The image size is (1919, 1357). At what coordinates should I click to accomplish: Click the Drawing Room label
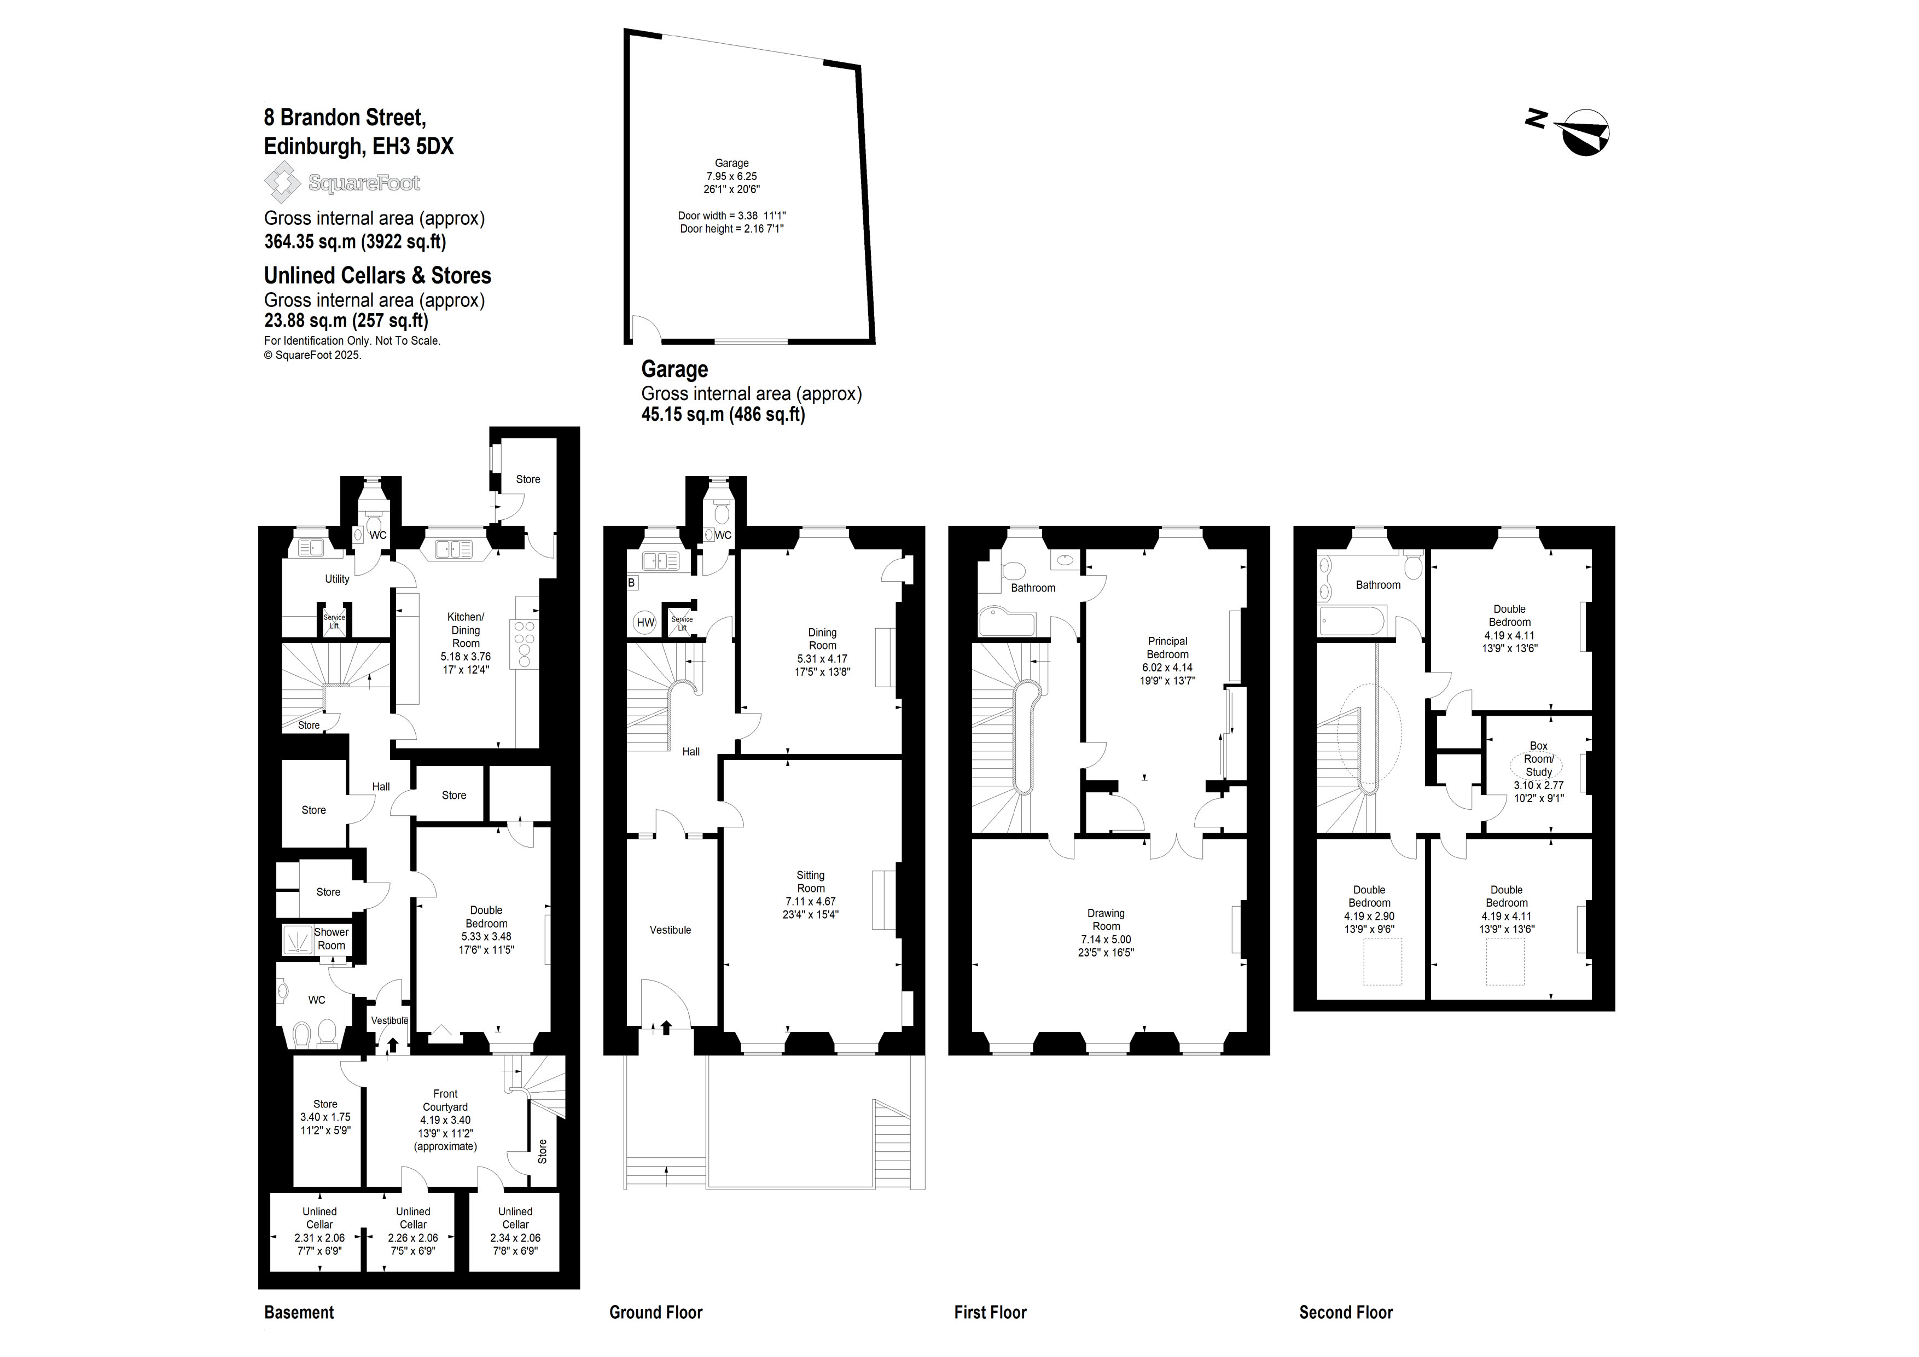pos(1106,920)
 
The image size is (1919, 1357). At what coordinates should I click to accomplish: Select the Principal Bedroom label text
pos(1167,648)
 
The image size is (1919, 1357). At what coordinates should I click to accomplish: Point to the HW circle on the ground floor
pos(646,622)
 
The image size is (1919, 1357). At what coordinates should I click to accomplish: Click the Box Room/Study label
pos(1539,758)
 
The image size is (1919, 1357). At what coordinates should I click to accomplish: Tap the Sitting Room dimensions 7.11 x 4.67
pos(810,901)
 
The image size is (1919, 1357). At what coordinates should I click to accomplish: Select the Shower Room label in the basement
pos(331,938)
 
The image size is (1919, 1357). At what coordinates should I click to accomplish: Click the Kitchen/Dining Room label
pos(466,630)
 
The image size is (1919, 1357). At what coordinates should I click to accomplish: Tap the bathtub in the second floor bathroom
pos(1352,620)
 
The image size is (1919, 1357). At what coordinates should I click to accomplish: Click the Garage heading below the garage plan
pos(674,369)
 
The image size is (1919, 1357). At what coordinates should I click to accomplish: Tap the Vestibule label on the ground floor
pos(670,930)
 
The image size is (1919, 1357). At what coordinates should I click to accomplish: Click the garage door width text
pos(732,216)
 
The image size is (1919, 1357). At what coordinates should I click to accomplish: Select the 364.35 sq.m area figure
pos(310,242)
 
